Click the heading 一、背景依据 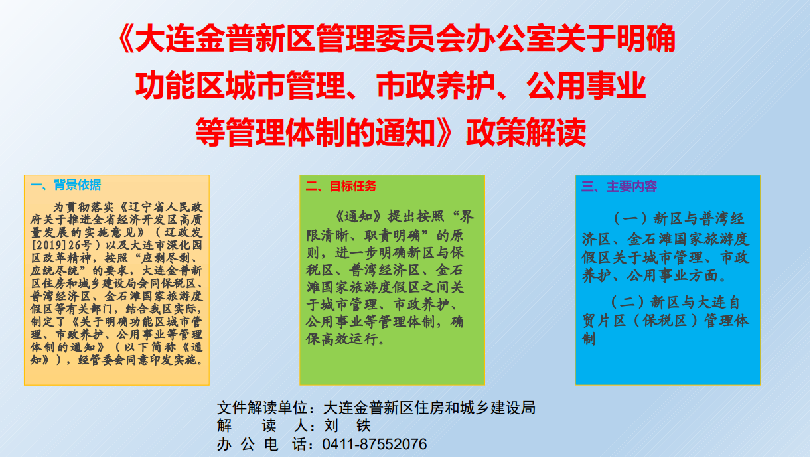tap(66, 185)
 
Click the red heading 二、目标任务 tap(341, 186)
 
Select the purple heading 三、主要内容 tap(619, 187)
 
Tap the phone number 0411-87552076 tap(374, 444)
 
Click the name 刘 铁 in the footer tap(347, 425)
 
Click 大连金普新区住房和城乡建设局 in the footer tap(429, 408)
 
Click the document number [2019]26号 tap(61, 245)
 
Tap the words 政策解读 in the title tap(526, 133)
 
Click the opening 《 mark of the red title tap(126, 38)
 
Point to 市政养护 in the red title tap(436, 86)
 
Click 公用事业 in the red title tap(587, 86)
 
